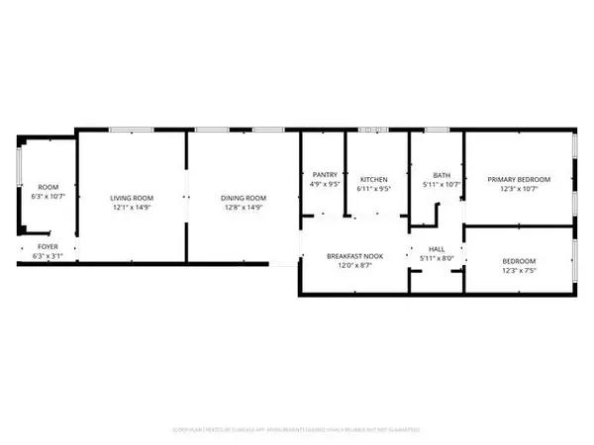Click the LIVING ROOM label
[131, 198]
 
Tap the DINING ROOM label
[244, 198]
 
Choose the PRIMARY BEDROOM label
[518, 179]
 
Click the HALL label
[436, 249]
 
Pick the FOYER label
[49, 246]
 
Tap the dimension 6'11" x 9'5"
[374, 184]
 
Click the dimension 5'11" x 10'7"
[435, 184]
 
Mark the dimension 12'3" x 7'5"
[518, 270]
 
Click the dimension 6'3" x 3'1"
[49, 256]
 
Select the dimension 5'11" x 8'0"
[436, 259]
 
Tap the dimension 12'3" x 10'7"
[518, 189]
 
